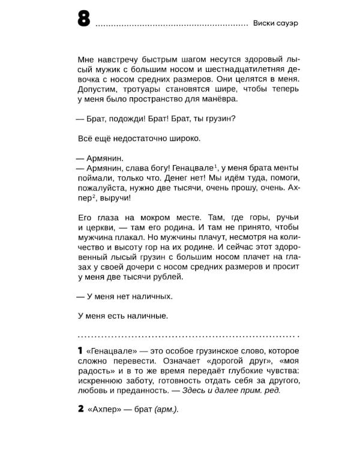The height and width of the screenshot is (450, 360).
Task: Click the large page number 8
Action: coord(83,20)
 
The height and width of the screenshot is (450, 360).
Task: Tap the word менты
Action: coord(284,168)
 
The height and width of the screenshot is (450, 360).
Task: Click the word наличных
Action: coord(154,296)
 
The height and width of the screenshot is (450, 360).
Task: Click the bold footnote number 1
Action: coord(80,350)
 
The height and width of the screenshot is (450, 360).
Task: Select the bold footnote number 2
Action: coord(81,409)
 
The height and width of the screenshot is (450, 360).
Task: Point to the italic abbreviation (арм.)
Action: coord(166,410)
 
